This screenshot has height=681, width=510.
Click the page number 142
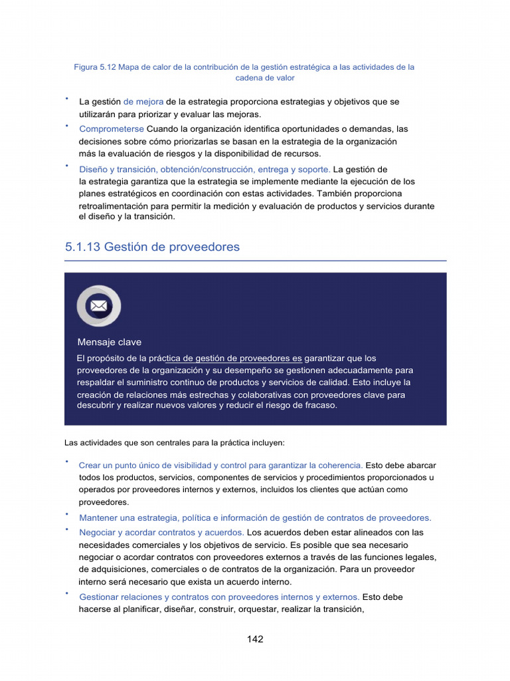[255, 639]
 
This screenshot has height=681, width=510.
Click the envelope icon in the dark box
[99, 306]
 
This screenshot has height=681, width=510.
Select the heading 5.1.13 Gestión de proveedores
[152, 247]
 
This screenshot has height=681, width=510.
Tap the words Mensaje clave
[109, 342]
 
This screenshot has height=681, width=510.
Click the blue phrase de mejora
[143, 102]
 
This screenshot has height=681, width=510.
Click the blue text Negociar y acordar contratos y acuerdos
[161, 533]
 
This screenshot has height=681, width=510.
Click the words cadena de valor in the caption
[265, 78]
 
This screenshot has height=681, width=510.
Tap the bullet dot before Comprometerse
[67, 124]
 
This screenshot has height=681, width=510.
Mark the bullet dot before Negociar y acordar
[67, 529]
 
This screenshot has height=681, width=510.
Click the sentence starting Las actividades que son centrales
[174, 442]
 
